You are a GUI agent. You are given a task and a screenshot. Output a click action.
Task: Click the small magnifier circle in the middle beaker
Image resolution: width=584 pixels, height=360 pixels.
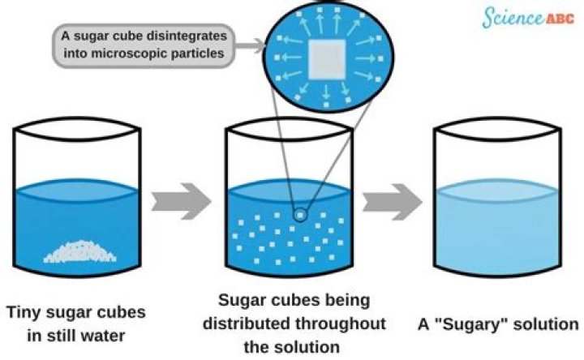coord(301,215)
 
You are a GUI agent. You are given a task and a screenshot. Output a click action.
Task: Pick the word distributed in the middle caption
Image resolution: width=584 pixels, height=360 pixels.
coord(259,323)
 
